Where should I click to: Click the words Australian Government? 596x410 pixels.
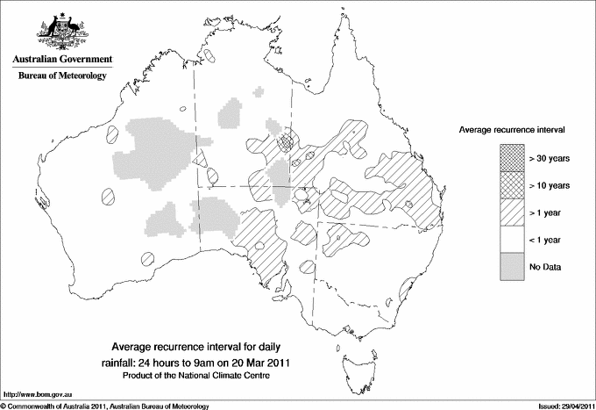(x=62, y=60)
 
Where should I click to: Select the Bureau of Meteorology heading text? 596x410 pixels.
(x=62, y=76)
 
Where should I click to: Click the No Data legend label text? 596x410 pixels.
(x=544, y=266)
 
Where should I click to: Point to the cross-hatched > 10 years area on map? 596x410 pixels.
(x=285, y=140)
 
